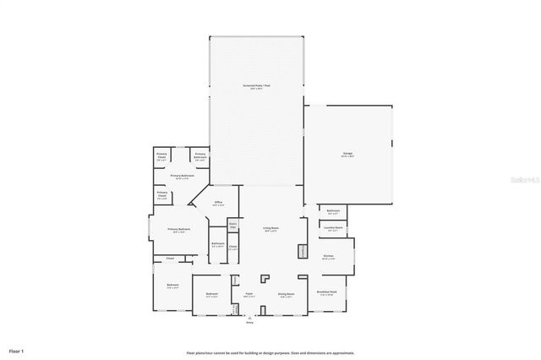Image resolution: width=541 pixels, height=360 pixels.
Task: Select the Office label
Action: [x=217, y=204]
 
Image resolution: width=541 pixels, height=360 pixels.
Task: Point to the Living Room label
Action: [x=270, y=228]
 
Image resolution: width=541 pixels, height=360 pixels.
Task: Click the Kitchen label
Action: [x=328, y=258]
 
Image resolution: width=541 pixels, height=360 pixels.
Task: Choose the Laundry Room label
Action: [x=333, y=227]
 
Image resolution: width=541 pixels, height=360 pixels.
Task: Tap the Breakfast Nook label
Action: [x=328, y=294]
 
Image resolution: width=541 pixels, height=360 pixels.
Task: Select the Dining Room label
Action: [x=286, y=294]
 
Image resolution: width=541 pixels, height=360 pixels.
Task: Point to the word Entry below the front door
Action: [x=249, y=323]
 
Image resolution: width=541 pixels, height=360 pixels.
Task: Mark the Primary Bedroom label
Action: [x=178, y=230]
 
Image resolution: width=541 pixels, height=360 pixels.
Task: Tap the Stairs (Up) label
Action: [x=232, y=225]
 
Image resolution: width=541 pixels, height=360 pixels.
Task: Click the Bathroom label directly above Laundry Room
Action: [x=333, y=211]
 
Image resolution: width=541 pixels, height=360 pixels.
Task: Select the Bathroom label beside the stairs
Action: [x=217, y=244]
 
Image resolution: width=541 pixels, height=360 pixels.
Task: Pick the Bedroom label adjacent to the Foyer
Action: [x=212, y=295]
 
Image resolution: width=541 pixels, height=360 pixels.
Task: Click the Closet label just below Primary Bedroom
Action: [x=169, y=258]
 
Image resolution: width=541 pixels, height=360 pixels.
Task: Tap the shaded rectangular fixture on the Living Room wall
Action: [x=302, y=251]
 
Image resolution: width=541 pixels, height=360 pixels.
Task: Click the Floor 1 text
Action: [x=17, y=350]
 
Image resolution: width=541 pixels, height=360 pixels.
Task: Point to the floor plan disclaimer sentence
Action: [x=270, y=352]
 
